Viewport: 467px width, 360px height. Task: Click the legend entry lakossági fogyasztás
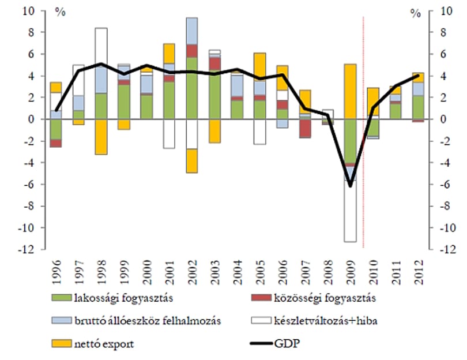tap(112, 298)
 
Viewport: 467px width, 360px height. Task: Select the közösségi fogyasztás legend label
tap(313, 298)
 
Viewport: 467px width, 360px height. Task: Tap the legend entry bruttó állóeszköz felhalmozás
tap(136, 321)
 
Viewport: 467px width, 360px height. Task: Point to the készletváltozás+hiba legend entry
tap(314, 321)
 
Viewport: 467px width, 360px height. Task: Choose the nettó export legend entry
tap(93, 344)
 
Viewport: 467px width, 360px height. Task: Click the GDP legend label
tap(275, 344)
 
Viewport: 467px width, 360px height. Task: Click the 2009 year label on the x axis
tap(351, 272)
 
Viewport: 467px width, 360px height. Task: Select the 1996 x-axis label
tap(56, 272)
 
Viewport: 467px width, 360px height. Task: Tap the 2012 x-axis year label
tap(419, 272)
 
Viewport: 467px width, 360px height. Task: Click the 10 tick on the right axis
tap(446, 11)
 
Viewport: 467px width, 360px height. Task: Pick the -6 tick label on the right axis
tap(446, 184)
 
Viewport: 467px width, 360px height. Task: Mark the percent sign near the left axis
tap(60, 12)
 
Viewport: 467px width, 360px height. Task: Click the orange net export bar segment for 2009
tap(351, 92)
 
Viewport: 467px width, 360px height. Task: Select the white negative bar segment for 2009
tap(351, 211)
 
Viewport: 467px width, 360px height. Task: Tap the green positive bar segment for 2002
tap(192, 88)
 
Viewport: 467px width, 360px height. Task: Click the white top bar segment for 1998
tap(101, 47)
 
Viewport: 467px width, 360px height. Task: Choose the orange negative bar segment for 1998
tap(101, 137)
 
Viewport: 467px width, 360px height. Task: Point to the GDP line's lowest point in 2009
tap(351, 186)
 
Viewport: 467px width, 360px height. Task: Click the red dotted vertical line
tap(363, 132)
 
